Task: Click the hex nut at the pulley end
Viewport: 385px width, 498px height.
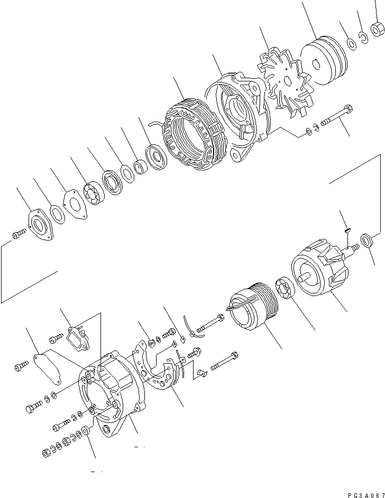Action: pos(378,28)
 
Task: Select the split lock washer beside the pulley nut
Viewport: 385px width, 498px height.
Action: pos(364,37)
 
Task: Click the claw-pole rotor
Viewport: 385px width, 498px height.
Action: pos(317,271)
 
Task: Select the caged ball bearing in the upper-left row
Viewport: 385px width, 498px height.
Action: pos(94,193)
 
